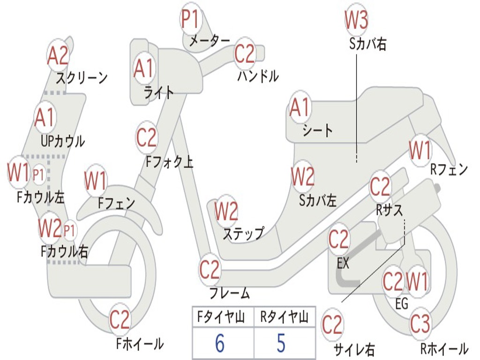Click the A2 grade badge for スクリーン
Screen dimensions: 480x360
pos(58,56)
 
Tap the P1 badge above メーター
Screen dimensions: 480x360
pos(190,20)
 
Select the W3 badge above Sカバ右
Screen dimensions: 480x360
pos(356,20)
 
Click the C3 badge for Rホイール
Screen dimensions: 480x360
pos(420,323)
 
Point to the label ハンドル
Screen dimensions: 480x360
pos(258,75)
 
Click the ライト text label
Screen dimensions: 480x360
pos(158,92)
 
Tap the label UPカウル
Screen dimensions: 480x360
pos(62,141)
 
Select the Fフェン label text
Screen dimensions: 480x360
pos(116,203)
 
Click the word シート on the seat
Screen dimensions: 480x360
pos(317,130)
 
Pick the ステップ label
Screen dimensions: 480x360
pos(243,233)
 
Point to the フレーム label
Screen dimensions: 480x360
pos(229,293)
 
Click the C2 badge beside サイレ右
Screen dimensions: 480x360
pos(332,324)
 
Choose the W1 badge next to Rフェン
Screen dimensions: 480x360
pos(420,150)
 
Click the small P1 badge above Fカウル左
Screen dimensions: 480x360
pos(38,175)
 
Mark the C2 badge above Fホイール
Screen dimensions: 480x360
pos(120,320)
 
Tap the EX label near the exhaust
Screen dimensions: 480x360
pos(343,263)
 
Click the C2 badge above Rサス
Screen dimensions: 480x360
pos(380,187)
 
